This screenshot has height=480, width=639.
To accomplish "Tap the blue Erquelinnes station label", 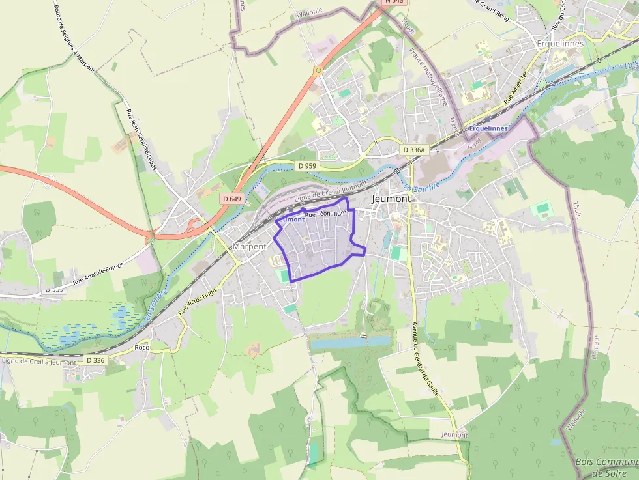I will click(488, 128).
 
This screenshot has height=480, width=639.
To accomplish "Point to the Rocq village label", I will click(141, 347).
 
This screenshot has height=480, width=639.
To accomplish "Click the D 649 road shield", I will click(231, 198).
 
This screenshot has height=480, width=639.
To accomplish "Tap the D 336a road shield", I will click(413, 150).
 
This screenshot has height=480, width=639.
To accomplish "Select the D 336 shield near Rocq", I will click(95, 360).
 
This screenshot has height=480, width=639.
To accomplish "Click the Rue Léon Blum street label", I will click(325, 214).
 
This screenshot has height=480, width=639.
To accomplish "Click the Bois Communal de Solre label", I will click(606, 467).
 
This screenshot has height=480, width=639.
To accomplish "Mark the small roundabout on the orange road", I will click(318, 70).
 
